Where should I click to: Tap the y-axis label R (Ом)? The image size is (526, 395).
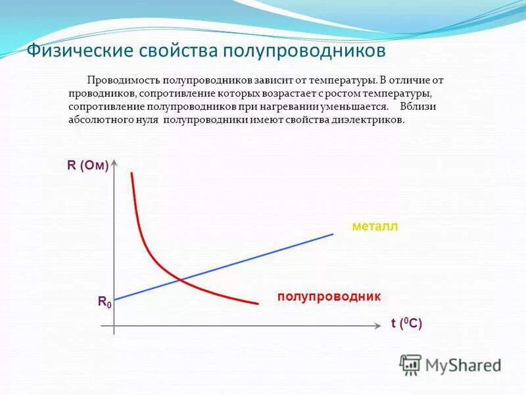point(87,166)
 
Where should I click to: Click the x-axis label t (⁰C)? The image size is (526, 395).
point(406,323)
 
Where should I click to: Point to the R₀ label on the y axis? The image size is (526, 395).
point(105,302)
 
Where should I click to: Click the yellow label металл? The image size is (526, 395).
point(375,227)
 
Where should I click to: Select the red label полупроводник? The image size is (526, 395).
point(329,297)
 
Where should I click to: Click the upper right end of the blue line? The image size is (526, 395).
point(333,234)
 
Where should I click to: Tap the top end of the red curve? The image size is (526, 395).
point(132,173)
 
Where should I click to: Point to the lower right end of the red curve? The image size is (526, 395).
point(257,303)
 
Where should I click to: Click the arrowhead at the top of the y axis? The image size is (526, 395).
point(115,162)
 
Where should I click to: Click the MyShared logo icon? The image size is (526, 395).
point(410,364)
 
